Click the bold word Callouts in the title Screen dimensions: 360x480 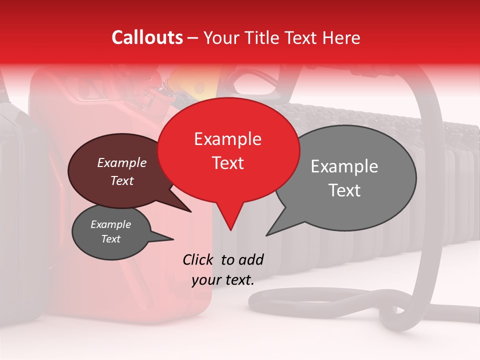(147, 37)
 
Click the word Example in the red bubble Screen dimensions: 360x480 (227, 139)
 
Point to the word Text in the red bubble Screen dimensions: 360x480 (227, 163)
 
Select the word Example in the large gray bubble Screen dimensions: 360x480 (344, 166)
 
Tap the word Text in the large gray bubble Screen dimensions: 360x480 (344, 190)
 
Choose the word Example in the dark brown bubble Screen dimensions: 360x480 (121, 163)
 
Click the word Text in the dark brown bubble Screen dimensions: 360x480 (121, 180)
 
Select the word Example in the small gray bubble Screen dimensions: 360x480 (110, 224)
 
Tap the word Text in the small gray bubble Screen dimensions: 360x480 (110, 239)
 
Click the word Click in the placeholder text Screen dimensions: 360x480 (198, 259)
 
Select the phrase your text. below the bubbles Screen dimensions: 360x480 (222, 280)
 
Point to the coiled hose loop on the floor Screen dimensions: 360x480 (320, 305)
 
